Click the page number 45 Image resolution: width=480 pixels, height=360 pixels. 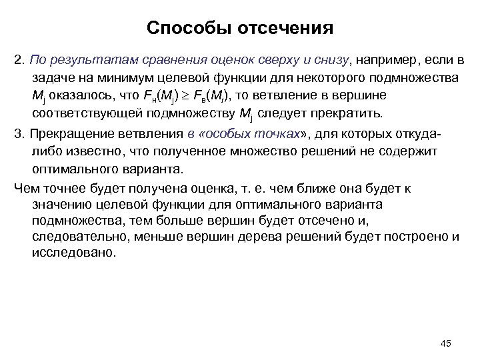point(446,343)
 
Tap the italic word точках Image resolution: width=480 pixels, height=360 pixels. point(271,132)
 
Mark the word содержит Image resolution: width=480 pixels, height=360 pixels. point(413,149)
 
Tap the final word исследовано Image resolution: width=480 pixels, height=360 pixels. point(73,253)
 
